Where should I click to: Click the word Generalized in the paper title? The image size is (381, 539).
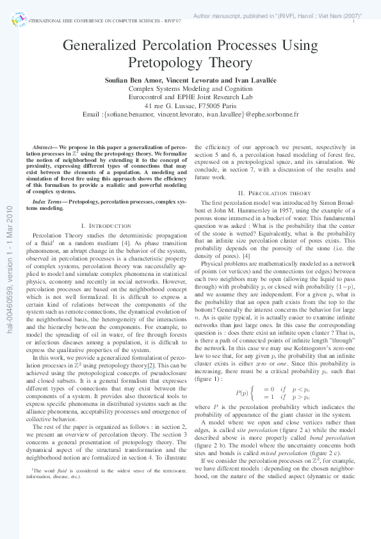pyautogui.click(x=102, y=46)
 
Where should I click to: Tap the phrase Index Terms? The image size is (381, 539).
pyautogui.click(x=49, y=184)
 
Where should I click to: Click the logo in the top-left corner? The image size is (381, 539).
pyautogui.click(x=17, y=19)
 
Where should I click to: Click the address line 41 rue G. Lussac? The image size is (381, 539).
pyautogui.click(x=190, y=106)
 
